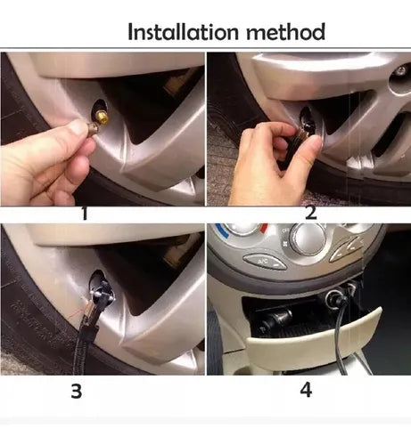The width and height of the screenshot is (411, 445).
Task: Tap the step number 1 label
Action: click(x=85, y=214)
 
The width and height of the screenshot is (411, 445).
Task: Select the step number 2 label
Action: click(x=310, y=213)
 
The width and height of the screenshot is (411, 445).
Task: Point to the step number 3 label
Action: click(x=77, y=391)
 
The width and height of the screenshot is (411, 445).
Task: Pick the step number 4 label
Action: click(x=306, y=390)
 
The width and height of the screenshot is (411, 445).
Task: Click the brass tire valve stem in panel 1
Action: click(x=103, y=117)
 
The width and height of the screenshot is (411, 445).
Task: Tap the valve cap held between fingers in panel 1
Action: click(x=91, y=130)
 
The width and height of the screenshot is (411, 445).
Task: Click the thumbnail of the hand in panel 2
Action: click(x=315, y=144)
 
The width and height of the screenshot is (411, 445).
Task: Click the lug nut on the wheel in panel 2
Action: click(x=400, y=70)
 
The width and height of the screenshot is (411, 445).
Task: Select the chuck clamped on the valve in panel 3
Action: click(x=101, y=294)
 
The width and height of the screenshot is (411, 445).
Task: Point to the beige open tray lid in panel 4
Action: click(x=314, y=336)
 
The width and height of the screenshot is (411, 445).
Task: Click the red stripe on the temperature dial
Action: click(x=263, y=228)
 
